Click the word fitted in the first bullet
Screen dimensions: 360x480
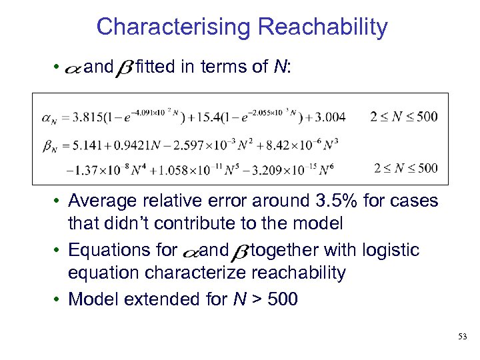tap(155, 67)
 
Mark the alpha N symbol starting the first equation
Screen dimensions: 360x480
tap(49, 119)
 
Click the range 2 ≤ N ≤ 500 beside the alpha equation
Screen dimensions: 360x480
tap(404, 117)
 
